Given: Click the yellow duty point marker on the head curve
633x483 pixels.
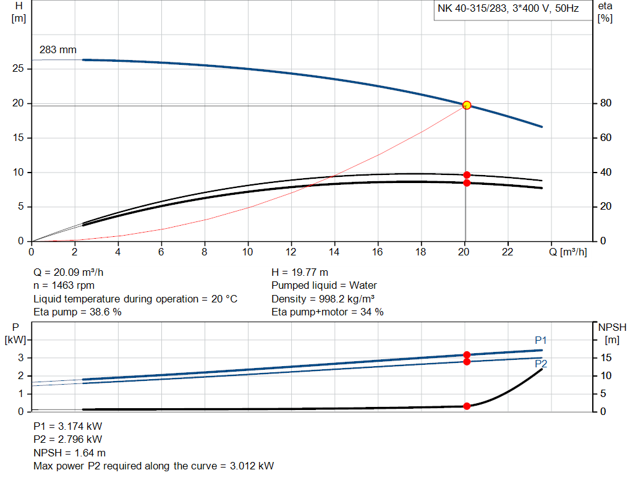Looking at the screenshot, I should point(467,105).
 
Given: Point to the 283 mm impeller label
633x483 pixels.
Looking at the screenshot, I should point(57,49).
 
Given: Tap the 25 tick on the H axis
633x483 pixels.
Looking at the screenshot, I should point(19,69).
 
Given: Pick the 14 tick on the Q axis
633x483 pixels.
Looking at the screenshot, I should point(334,252).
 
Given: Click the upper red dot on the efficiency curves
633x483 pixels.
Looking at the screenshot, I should point(467,175).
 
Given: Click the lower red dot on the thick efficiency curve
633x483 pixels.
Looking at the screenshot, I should point(467,182).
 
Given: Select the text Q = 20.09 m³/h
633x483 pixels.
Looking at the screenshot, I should point(73,272).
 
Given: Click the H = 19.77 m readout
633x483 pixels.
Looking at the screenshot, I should point(300,272).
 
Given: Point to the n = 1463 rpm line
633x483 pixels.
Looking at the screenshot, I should point(65,286).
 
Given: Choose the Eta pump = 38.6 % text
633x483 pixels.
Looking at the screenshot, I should point(77,312).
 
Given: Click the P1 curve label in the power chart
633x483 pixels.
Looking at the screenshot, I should point(541,340).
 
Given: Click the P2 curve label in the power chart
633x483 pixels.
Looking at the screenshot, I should point(541,364).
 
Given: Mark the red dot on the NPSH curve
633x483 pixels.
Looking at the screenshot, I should point(467,406).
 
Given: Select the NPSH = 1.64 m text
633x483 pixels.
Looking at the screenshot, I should point(69,453).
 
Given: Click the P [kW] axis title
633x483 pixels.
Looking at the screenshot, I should point(16,333).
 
